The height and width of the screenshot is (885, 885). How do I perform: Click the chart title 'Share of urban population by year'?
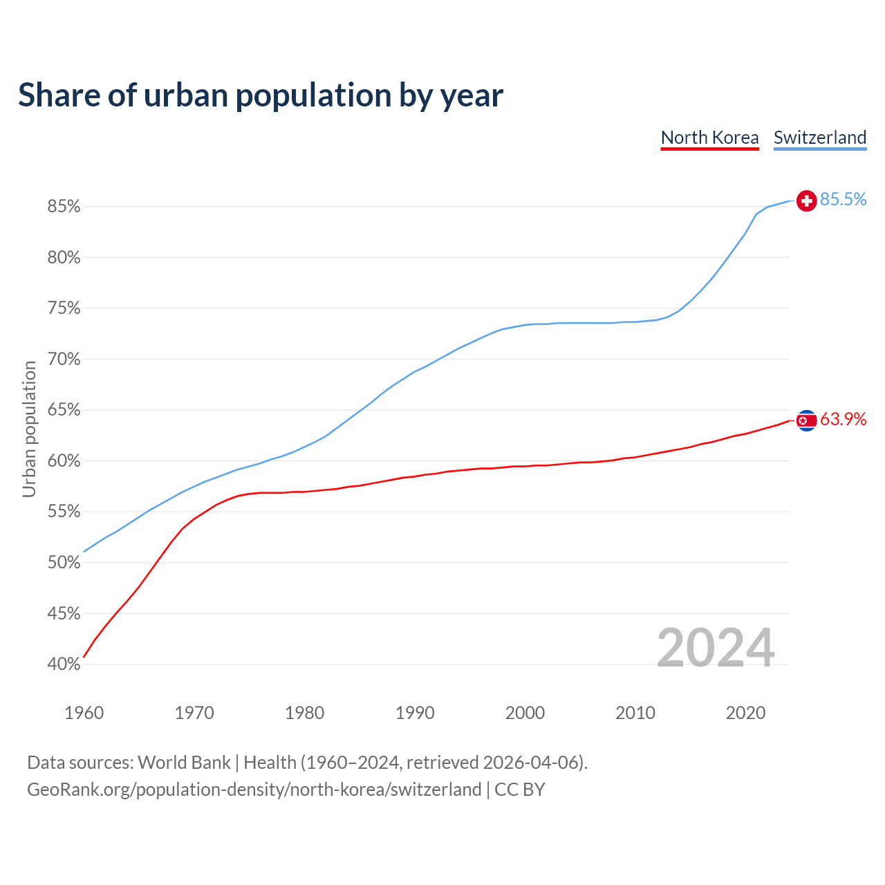pos(261,95)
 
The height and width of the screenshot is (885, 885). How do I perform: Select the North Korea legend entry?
pos(709,138)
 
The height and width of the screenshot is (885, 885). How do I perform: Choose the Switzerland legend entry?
pos(819,138)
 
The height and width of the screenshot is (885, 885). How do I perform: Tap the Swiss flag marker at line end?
pos(806,201)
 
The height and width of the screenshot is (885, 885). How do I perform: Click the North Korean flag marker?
pos(806,420)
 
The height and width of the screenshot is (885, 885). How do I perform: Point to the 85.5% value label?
pos(843,200)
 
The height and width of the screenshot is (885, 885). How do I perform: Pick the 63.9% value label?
pos(843,419)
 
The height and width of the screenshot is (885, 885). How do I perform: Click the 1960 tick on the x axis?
pos(84,713)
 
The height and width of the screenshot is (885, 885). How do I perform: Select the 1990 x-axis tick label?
pos(415,713)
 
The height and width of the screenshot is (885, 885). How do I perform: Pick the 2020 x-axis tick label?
pos(745,713)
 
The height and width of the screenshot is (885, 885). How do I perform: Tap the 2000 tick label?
pos(525,713)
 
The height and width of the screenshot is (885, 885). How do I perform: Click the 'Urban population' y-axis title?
pos(29,429)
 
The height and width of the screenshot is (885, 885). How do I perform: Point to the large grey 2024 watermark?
pos(715,648)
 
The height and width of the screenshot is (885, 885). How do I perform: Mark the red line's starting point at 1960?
pos(84,657)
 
